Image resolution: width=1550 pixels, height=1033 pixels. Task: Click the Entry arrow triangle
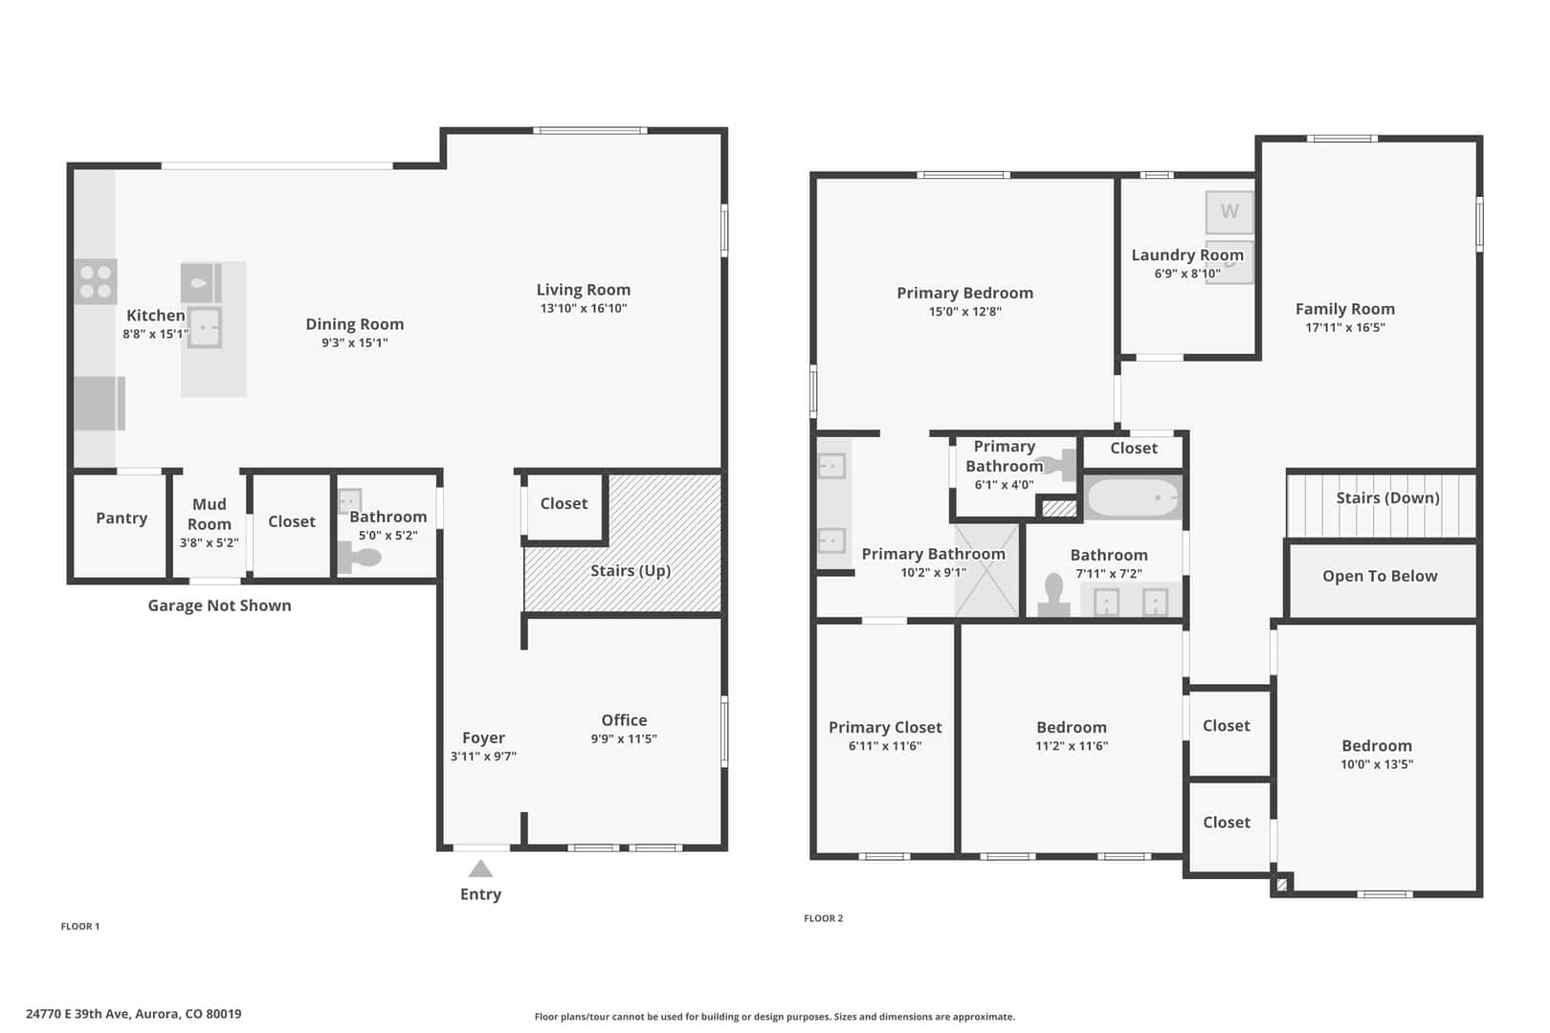pyautogui.click(x=480, y=869)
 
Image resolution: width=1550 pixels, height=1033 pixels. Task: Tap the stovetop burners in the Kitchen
pyautogui.click(x=96, y=281)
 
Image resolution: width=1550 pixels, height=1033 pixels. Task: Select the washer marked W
pyautogui.click(x=1229, y=211)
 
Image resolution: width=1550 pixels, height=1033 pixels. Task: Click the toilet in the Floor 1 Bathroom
pyautogui.click(x=359, y=558)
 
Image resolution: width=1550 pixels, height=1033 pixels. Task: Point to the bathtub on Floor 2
pyautogui.click(x=1133, y=497)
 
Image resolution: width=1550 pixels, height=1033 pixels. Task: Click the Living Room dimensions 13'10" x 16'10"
pyautogui.click(x=584, y=309)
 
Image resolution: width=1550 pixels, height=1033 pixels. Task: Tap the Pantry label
pyautogui.click(x=122, y=518)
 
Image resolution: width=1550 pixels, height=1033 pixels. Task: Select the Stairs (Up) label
pyautogui.click(x=631, y=571)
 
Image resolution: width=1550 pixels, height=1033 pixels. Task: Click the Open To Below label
pyautogui.click(x=1380, y=577)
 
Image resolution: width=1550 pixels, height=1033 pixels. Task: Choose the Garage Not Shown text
pyautogui.click(x=219, y=605)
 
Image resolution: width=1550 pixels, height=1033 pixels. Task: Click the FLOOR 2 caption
pyautogui.click(x=824, y=918)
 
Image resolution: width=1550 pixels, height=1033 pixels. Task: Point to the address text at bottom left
pyautogui.click(x=134, y=1014)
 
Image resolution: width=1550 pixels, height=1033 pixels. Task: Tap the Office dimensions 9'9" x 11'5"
pyautogui.click(x=624, y=739)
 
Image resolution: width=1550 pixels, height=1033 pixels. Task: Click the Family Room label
pyautogui.click(x=1345, y=309)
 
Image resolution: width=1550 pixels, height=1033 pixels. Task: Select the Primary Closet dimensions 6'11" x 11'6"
pyautogui.click(x=885, y=746)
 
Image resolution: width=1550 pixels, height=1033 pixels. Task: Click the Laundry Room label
pyautogui.click(x=1187, y=255)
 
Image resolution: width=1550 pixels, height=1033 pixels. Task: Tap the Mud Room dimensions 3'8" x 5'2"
pyautogui.click(x=209, y=543)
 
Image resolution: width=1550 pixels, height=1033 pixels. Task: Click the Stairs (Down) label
pyautogui.click(x=1387, y=498)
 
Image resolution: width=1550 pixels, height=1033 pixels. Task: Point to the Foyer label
pyautogui.click(x=483, y=738)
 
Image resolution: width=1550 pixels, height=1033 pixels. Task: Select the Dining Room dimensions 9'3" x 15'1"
pyautogui.click(x=354, y=343)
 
